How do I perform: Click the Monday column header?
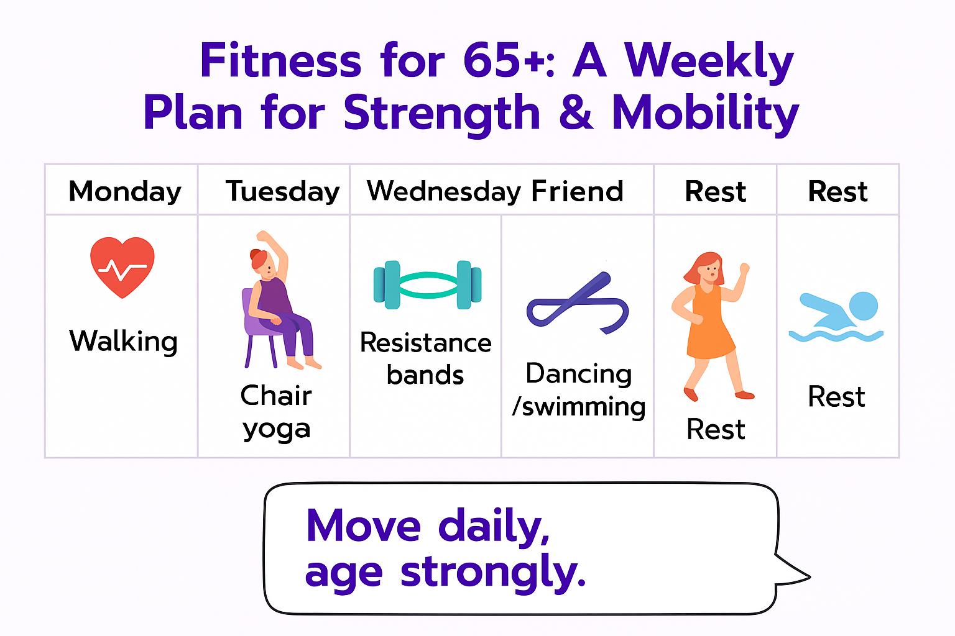pos(125,192)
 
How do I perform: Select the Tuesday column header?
pos(283,192)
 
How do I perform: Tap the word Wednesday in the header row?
pos(444,192)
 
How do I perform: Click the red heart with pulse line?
pos(122,267)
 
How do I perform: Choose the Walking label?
pos(123,341)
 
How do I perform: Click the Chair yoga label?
pos(276,412)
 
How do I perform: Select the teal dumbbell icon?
pos(427,284)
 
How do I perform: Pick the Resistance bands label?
pos(426,359)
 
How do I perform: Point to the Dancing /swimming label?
pos(579,390)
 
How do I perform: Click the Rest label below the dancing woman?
pos(716,429)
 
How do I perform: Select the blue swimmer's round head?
pos(864,306)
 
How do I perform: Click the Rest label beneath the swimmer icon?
pos(836,397)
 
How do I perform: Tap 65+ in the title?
pos(502,60)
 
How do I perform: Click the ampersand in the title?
pos(576,112)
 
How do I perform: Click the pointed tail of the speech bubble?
pos(808,577)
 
